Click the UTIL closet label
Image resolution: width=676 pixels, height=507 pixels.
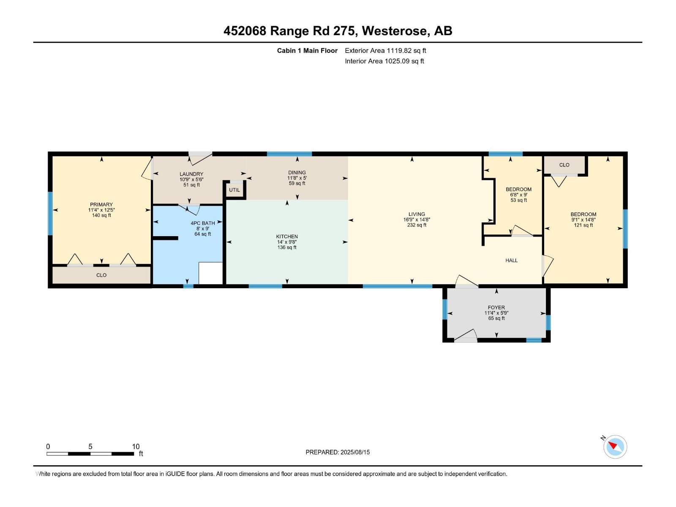pos(234,190)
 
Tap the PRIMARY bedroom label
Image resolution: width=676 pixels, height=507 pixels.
pos(101,204)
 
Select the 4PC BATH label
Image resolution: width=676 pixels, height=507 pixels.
pos(203,223)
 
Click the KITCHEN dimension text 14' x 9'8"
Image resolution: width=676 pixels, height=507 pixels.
pos(287,242)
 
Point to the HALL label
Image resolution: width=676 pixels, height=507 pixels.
pos(511,260)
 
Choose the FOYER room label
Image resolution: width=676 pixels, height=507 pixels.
pos(496,308)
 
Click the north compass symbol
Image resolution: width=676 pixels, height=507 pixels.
pos(615,447)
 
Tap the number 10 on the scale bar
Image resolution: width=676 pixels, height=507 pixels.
pos(136,446)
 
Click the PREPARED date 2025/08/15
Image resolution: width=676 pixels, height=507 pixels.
pos(355,452)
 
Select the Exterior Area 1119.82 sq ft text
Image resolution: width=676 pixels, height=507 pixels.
pos(385,50)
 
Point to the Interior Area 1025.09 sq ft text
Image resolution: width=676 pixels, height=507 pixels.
pos(384,61)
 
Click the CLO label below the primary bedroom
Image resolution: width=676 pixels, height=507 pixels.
pos(101,275)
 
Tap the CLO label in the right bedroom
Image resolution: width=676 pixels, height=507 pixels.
pos(564,165)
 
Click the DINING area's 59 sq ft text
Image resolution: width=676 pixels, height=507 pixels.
pos(297,183)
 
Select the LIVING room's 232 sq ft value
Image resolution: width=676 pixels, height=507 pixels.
pos(417,225)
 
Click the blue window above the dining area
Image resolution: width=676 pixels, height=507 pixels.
pos(289,154)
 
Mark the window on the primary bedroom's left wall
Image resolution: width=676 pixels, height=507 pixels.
pos(50,214)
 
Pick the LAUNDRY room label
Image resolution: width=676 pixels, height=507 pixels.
pos(191,174)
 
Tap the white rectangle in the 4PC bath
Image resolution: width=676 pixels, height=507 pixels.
pos(211,273)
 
